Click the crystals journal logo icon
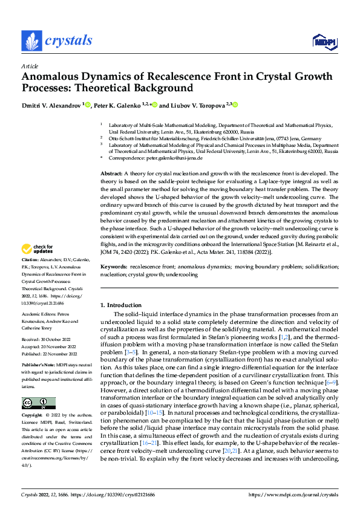pos(31,41)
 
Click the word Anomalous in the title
pos(51,77)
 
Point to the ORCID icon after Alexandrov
pos(87,105)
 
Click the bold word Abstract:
pos(113,173)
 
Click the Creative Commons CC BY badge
pos(38,403)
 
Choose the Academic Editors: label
pos(40,314)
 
